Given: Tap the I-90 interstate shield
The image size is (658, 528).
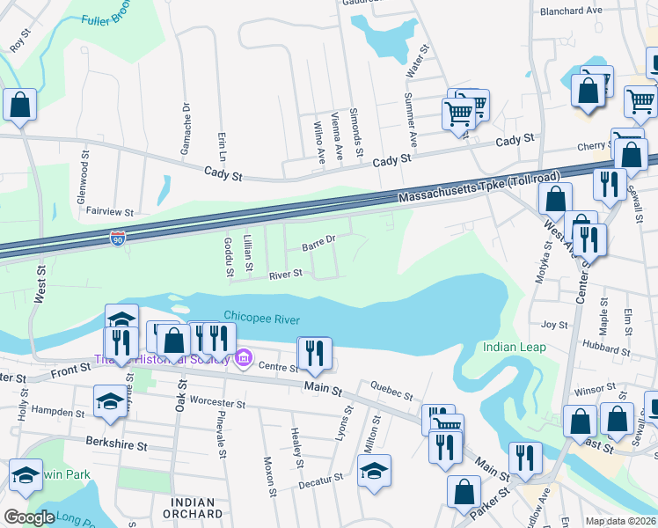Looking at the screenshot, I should coord(119,238).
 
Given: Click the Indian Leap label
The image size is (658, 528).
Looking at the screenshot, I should coord(515,347).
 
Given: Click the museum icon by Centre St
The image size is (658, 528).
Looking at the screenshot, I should coord(244,358).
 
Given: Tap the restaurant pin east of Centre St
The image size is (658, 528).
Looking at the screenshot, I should coord(314,353).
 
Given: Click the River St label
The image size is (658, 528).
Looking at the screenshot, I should coord(286,275).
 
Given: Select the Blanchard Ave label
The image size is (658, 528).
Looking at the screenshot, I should coord(571,11).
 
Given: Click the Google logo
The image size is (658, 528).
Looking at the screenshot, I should coord(29,517).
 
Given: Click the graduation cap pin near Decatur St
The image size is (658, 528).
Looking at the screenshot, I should coord(374,471).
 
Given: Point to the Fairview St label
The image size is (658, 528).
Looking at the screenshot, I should coord(105,212).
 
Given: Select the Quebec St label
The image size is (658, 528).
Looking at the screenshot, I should coord(391,391).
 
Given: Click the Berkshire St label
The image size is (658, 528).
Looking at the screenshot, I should coord(116,444).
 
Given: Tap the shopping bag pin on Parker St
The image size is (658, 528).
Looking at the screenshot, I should coord(464,493).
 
